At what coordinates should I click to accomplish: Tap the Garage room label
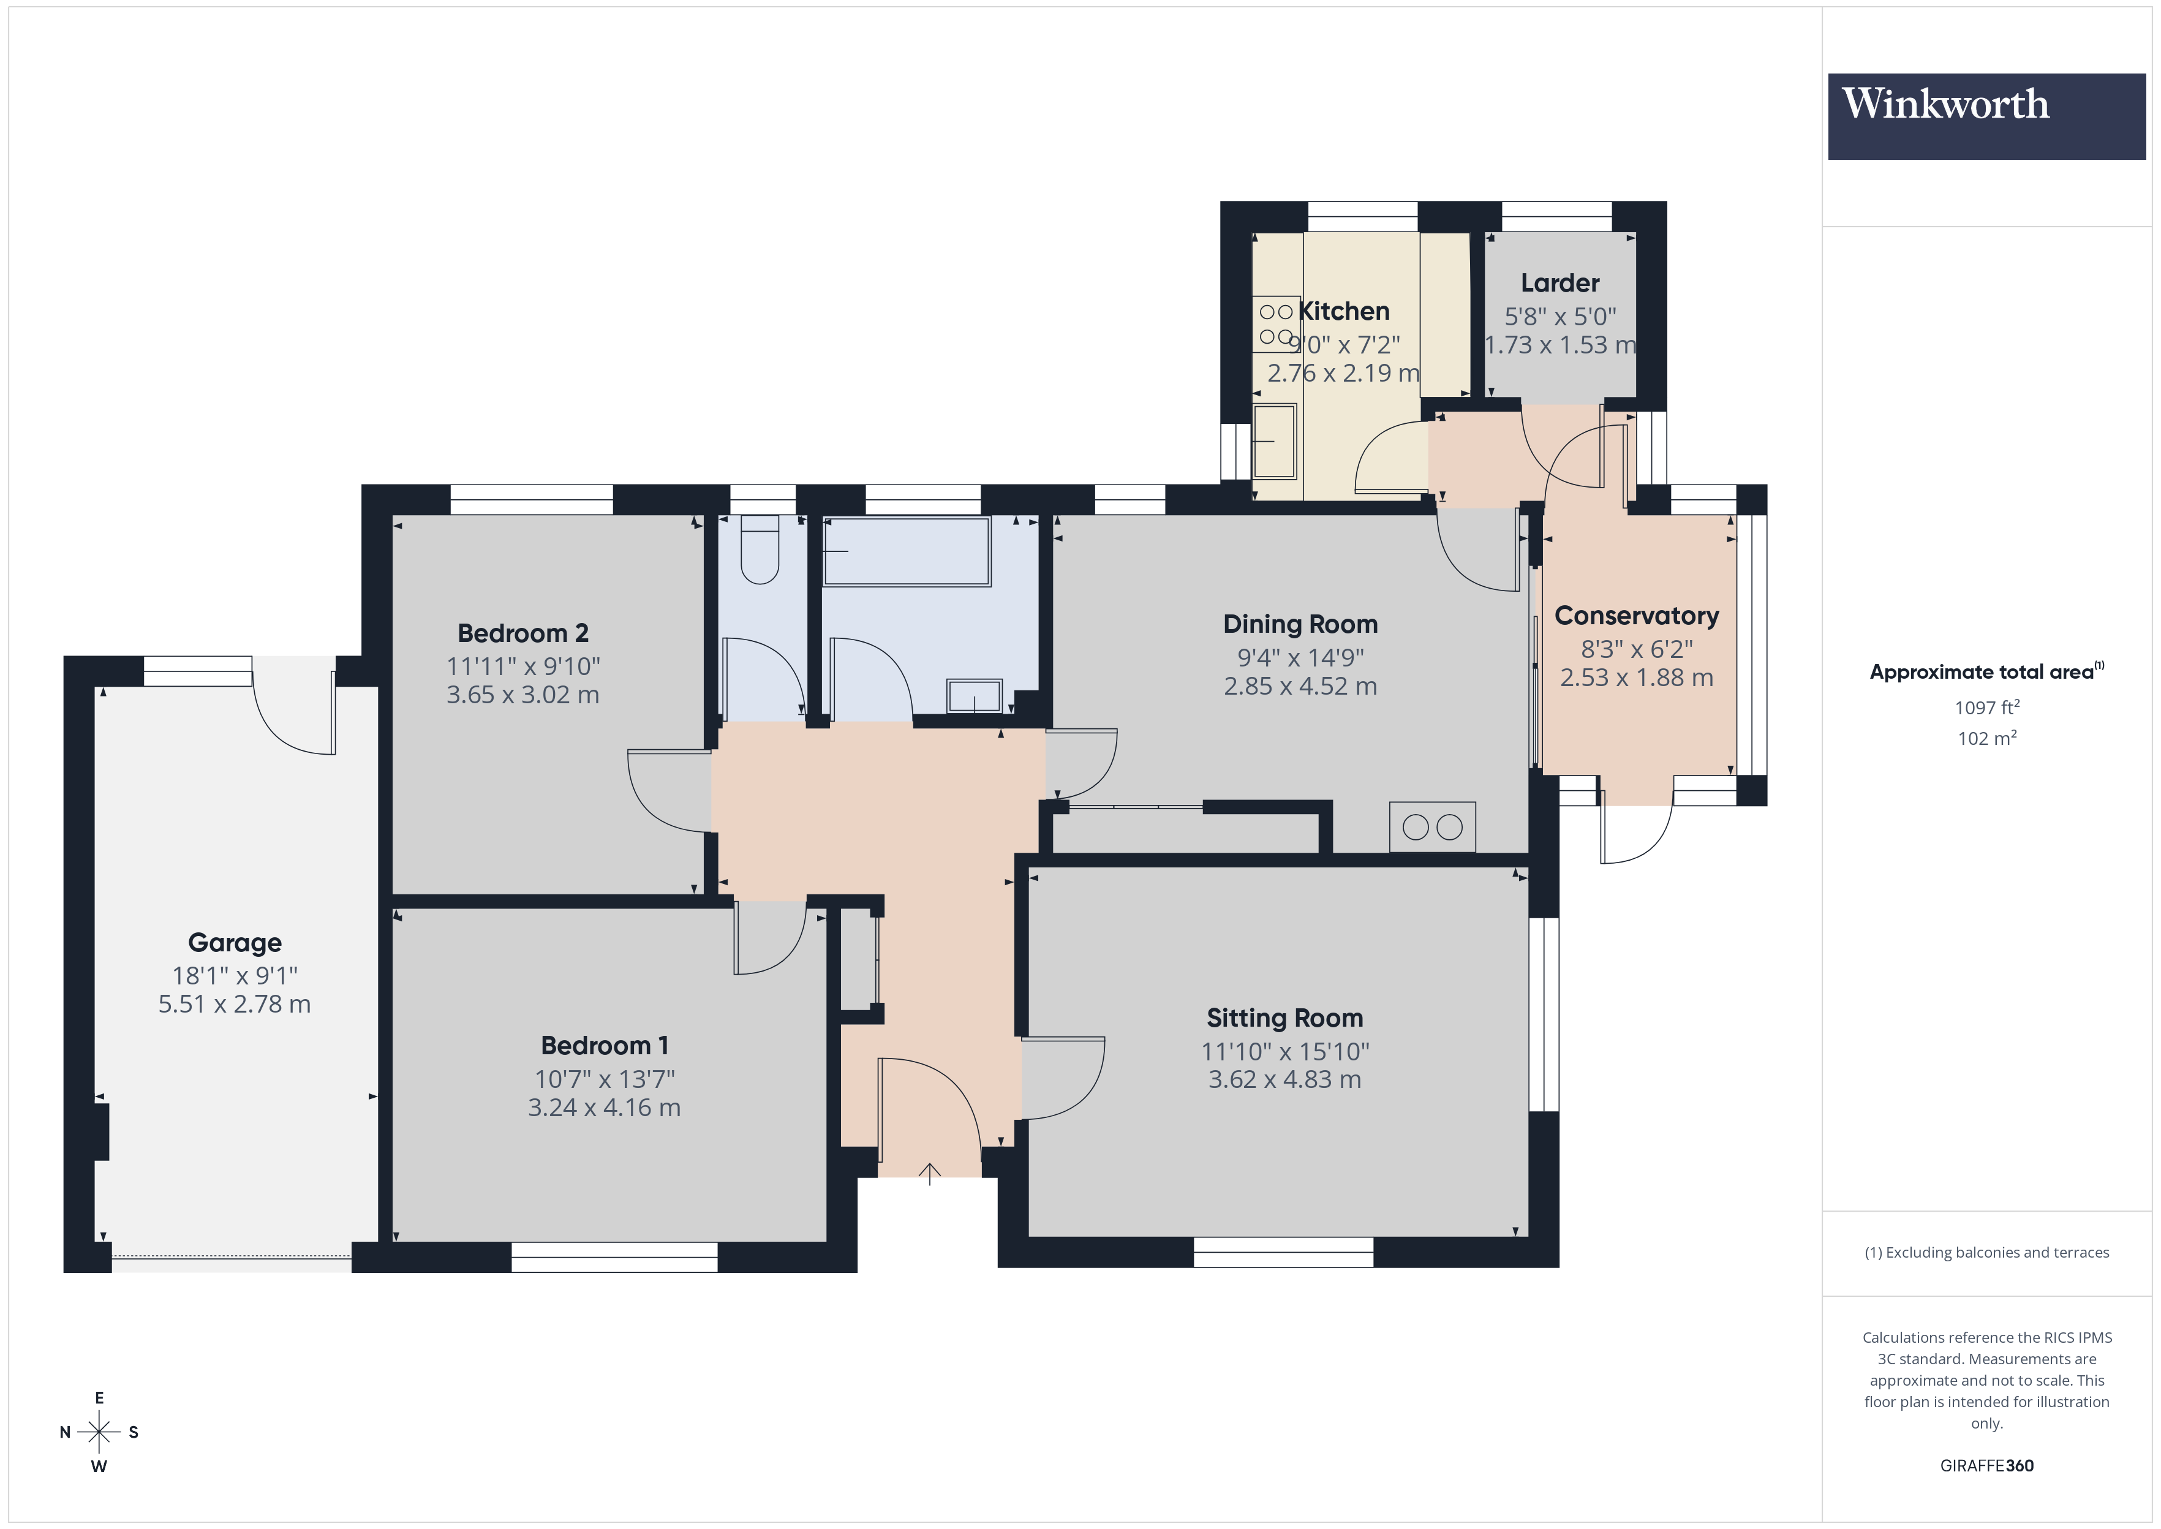(235, 942)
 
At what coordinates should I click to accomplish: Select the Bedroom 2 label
(522, 633)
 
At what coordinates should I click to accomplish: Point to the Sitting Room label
(1284, 1017)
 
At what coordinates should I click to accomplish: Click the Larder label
(1559, 282)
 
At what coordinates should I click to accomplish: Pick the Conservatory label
(1636, 616)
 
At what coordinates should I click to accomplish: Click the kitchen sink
(1275, 440)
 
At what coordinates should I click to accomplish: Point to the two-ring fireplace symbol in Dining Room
(1431, 826)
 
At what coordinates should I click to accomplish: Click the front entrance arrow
(929, 1173)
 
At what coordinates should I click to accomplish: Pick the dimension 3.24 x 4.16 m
(603, 1107)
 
